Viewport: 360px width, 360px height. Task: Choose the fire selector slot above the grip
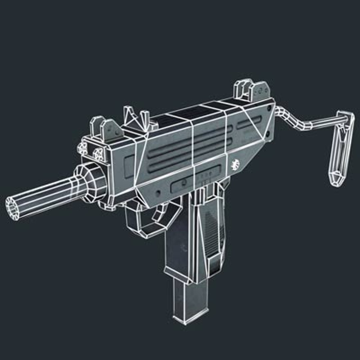(197, 182)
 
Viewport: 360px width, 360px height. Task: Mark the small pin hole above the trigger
(158, 192)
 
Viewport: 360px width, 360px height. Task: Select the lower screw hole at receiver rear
(267, 135)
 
